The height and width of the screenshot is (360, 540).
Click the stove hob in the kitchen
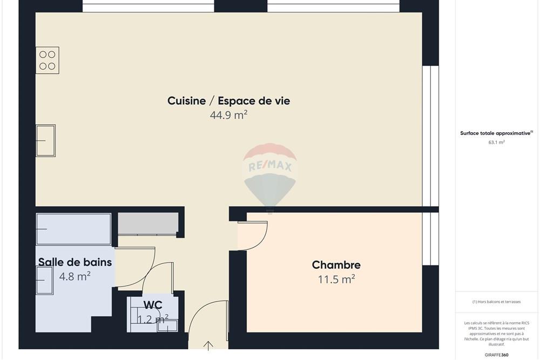coord(48,60)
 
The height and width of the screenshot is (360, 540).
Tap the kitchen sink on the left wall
coord(46,140)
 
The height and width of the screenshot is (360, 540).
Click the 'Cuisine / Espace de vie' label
coord(228,101)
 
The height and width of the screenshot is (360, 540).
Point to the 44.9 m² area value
coord(228,115)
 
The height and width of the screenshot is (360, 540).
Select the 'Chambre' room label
coord(336,265)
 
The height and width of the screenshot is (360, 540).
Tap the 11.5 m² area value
coord(336,279)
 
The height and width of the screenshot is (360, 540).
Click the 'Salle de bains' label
coord(75,262)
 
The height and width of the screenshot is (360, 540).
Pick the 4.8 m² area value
coord(75,276)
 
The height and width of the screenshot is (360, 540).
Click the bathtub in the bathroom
coord(73,229)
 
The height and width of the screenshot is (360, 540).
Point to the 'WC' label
coord(153,305)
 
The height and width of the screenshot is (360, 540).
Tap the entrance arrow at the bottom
coord(208,345)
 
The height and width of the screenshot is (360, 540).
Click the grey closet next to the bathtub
coord(148,223)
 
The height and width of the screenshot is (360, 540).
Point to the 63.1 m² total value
coord(496,142)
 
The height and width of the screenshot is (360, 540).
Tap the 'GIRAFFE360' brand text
coord(497,355)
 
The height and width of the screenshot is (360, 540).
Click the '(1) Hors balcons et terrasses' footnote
coord(496,302)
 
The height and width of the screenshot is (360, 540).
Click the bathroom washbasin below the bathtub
coord(44,280)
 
